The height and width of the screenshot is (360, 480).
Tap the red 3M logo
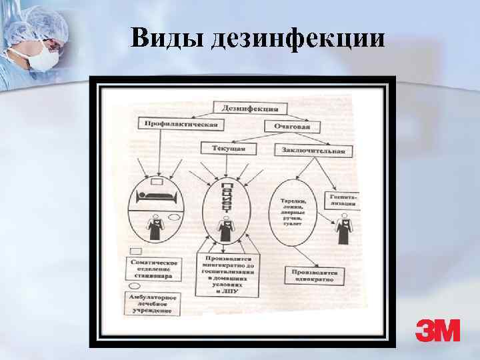click(x=437, y=329)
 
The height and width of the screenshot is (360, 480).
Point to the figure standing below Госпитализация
click(x=344, y=231)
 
